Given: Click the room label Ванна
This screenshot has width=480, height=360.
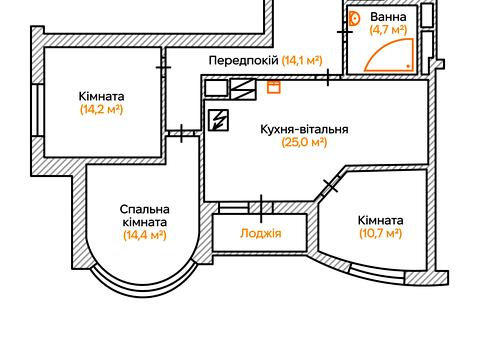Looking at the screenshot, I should tap(388, 17).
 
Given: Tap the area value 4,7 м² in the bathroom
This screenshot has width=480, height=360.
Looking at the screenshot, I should tap(388, 31).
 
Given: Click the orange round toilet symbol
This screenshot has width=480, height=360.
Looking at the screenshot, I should tap(355, 17).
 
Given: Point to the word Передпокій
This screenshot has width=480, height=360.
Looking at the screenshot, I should tap(243, 60).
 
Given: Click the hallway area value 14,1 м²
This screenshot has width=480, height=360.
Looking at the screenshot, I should tap(302, 60).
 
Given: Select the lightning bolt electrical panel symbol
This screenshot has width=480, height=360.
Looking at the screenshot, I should tap(218, 120).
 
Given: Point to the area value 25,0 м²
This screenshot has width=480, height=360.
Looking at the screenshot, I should tap(304, 143).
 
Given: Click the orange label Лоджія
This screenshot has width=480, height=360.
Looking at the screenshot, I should tap(261, 234).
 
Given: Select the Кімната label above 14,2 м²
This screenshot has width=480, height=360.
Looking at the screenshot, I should tap(101, 96).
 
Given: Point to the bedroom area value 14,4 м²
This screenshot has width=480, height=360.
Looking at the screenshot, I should tap(144, 235).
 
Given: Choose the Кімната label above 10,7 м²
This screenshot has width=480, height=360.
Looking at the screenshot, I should tap(380, 220).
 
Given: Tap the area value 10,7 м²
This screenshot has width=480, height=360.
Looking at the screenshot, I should tap(380, 234).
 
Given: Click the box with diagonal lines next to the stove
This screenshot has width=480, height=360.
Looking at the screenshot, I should tap(243, 87).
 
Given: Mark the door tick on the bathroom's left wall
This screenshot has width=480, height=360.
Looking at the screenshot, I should tap(345, 31).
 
